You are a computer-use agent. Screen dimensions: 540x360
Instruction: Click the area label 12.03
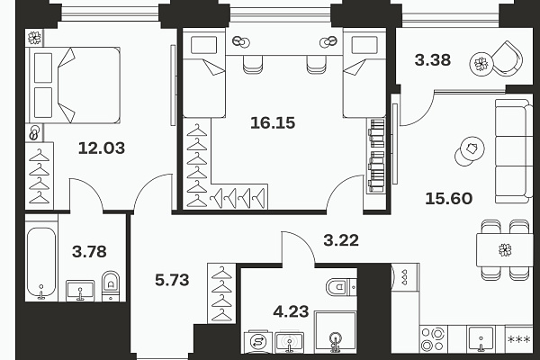coord(101,148)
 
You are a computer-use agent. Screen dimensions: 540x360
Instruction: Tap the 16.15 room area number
coord(273,123)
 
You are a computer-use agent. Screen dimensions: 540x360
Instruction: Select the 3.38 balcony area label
coord(433,60)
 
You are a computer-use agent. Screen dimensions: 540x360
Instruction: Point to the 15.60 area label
coord(449,198)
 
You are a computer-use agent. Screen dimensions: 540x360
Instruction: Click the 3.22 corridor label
coord(341,240)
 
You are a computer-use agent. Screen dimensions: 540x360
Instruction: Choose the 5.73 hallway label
coord(172,280)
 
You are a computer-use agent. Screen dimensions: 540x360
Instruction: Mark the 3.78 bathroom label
coord(89,251)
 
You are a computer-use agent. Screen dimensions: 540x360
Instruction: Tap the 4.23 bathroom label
coord(291,311)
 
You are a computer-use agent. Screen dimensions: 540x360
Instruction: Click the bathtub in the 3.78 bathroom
coord(41,263)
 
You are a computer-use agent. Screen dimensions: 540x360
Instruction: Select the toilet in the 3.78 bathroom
coord(111,285)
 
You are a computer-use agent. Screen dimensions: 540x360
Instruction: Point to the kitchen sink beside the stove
coord(481,339)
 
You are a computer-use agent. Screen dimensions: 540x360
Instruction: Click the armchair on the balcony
coord(507,58)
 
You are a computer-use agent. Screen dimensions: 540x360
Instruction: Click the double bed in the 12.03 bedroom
coord(75,85)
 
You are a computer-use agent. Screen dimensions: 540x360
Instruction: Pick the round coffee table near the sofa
coord(470,151)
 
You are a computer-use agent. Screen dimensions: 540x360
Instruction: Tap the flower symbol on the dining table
coord(505,250)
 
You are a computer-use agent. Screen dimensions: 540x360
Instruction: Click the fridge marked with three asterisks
coord(519,339)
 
